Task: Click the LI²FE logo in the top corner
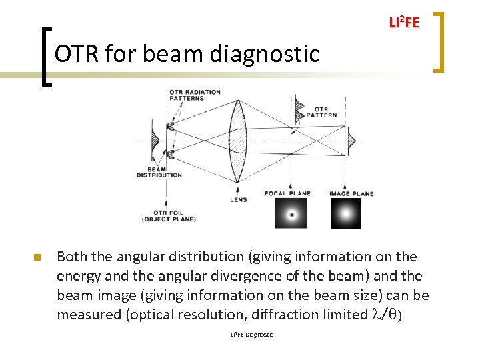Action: pyautogui.click(x=404, y=23)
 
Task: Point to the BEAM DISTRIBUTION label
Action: pyautogui.click(x=159, y=172)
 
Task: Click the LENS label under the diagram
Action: pyautogui.click(x=238, y=199)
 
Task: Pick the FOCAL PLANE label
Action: pyautogui.click(x=287, y=194)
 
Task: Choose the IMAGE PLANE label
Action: pyautogui.click(x=351, y=194)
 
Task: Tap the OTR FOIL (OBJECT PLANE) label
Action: pyautogui.click(x=169, y=215)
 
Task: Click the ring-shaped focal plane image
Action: pyautogui.click(x=291, y=214)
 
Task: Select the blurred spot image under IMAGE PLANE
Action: pyautogui.click(x=345, y=214)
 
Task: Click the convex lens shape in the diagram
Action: pyautogui.click(x=238, y=141)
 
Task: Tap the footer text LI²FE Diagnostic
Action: pyautogui.click(x=252, y=334)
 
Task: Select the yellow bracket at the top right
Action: pyautogui.click(x=439, y=41)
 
